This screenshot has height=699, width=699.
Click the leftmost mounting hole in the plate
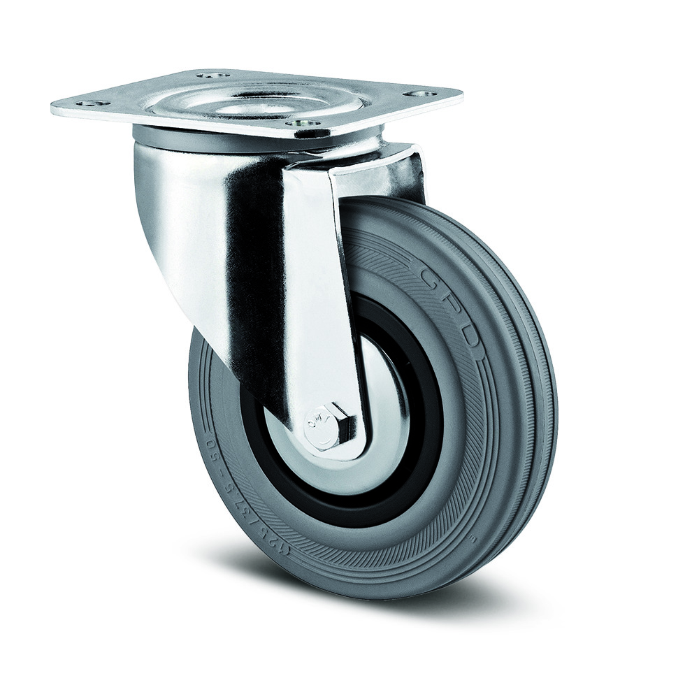pos(86,105)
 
